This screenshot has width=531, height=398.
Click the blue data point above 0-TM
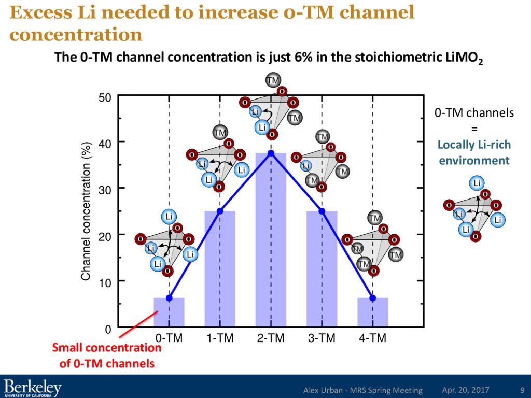pos(169,298)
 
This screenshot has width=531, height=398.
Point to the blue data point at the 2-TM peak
pos(271,153)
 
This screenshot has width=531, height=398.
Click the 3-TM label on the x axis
pos(322,338)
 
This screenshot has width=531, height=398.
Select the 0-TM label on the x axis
pos(169,338)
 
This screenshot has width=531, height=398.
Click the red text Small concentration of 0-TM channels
pos(107,356)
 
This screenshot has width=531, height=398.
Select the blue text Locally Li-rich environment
pos(474,153)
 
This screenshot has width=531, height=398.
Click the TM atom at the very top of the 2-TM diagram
pos(273,80)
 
